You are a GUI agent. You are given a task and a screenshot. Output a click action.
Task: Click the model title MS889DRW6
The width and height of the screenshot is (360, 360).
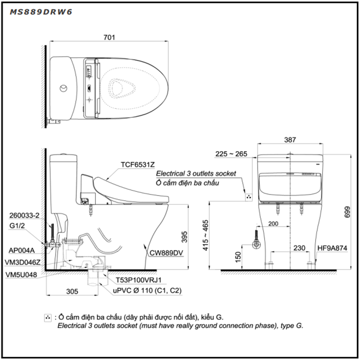[41, 12]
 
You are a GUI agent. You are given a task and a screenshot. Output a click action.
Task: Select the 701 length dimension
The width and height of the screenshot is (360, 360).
[109, 37]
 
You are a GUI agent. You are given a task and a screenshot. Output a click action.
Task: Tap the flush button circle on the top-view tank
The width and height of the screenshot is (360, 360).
[63, 88]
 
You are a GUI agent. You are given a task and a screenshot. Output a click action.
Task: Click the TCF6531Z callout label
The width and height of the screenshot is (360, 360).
[138, 165]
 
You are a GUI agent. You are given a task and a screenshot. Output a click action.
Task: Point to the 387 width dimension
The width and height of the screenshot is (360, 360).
[290, 139]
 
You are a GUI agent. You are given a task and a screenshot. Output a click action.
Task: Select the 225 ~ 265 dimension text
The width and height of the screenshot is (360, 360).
[231, 154]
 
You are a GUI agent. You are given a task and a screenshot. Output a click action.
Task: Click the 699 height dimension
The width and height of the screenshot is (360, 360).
[347, 212]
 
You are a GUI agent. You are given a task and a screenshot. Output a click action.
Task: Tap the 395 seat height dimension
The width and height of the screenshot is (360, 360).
[184, 237]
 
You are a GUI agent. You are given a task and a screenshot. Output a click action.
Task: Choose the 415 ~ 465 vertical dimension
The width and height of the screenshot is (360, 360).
[205, 235]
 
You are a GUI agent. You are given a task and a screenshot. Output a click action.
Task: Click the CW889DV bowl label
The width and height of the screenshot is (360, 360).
[166, 253]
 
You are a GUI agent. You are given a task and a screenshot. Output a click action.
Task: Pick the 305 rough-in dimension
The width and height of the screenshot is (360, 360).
[72, 291]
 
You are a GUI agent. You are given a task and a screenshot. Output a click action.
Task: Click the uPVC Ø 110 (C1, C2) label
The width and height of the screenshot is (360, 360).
[147, 291]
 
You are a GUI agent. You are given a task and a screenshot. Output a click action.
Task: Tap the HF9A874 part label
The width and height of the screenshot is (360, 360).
[332, 248]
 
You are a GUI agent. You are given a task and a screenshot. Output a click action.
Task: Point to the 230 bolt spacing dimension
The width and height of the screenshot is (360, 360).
[299, 248]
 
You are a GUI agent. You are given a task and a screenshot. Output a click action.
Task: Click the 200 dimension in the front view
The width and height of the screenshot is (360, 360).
[273, 223]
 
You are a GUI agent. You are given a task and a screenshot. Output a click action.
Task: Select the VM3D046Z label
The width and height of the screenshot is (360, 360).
[22, 262]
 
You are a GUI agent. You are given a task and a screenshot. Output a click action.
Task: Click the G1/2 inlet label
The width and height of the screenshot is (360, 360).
[17, 226]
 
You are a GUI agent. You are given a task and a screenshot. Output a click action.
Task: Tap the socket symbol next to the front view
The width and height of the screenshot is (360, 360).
[249, 197]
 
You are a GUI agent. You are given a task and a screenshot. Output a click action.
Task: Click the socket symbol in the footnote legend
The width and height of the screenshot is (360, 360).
[48, 318]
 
